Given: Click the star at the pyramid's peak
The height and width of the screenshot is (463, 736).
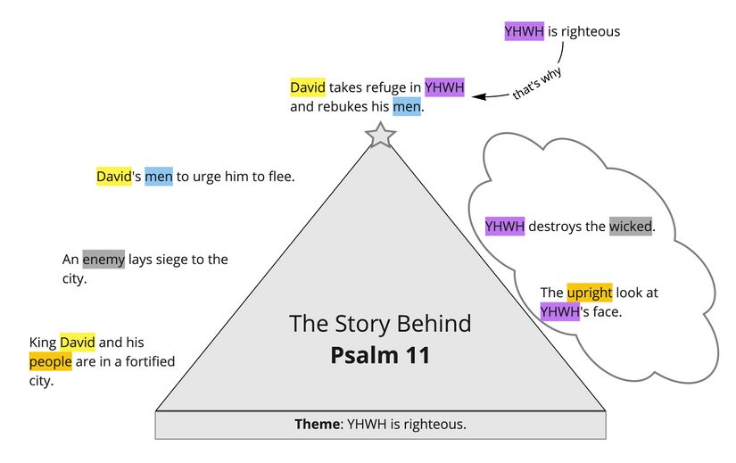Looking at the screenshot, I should pyautogui.click(x=380, y=136).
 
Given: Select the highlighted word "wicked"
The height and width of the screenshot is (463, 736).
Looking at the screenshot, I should pyautogui.click(x=631, y=227).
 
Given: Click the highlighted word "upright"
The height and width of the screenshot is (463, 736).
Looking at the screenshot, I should pyautogui.click(x=589, y=293).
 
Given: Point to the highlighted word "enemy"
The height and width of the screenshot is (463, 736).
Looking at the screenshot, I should pyautogui.click(x=103, y=260).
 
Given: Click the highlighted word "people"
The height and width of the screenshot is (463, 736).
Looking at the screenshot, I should pyautogui.click(x=50, y=362).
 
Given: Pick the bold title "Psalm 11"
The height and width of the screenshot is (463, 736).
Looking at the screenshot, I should pyautogui.click(x=380, y=355).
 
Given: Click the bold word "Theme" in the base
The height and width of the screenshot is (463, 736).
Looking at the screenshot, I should pyautogui.click(x=317, y=425).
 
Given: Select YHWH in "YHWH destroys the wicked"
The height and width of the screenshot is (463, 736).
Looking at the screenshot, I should pyautogui.click(x=505, y=227).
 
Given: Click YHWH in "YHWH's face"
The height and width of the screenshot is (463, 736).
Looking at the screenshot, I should pyautogui.click(x=559, y=312).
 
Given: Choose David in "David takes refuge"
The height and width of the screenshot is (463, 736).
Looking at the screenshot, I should pyautogui.click(x=308, y=87).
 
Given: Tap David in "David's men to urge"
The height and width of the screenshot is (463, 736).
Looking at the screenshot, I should pyautogui.click(x=113, y=177).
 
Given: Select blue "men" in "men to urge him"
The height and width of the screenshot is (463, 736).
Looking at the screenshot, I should pyautogui.click(x=159, y=177).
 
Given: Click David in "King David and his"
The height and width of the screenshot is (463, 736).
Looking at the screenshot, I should pyautogui.click(x=77, y=343).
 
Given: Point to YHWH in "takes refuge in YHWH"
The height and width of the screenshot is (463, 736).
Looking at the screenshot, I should pyautogui.click(x=443, y=87).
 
